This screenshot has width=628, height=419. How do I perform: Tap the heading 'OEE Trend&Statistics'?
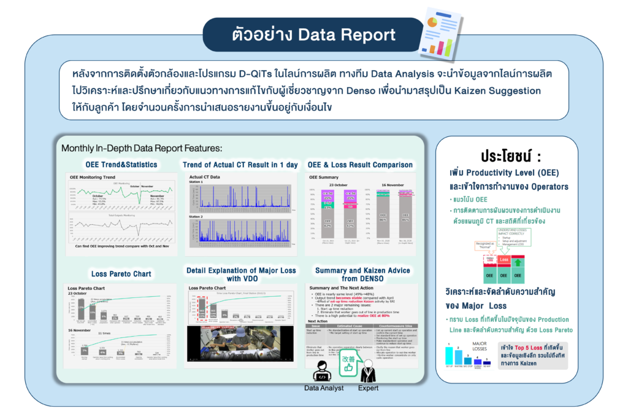tap(120, 164)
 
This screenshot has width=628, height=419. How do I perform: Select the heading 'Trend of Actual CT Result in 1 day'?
tap(240, 164)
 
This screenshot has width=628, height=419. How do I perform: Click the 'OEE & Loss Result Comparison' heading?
tap(360, 164)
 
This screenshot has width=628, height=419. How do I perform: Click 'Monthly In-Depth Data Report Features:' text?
tap(142, 149)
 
